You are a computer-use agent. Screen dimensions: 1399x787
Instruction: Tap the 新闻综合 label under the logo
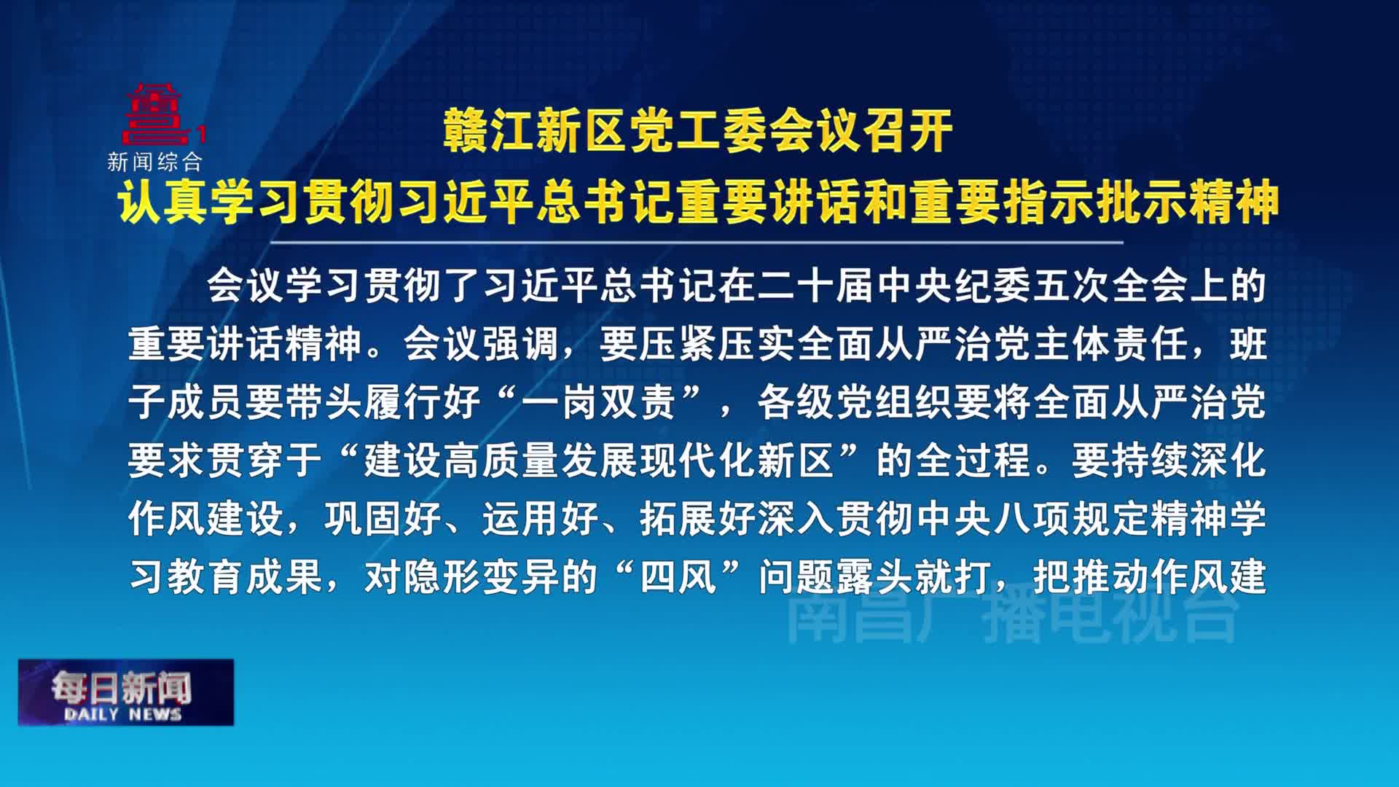[154, 162]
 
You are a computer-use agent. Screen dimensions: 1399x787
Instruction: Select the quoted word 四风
[678, 576]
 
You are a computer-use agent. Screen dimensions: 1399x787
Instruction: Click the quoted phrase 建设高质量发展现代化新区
[599, 460]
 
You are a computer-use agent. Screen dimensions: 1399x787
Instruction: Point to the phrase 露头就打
[914, 576]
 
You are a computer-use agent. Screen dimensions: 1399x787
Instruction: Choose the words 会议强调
[481, 343]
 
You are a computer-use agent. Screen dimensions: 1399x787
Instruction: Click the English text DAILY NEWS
[122, 714]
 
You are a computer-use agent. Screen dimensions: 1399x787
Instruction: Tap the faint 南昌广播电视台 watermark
[1013, 618]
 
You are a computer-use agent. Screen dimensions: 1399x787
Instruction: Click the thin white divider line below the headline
[697, 242]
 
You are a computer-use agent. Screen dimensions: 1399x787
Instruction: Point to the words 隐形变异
[481, 576]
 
